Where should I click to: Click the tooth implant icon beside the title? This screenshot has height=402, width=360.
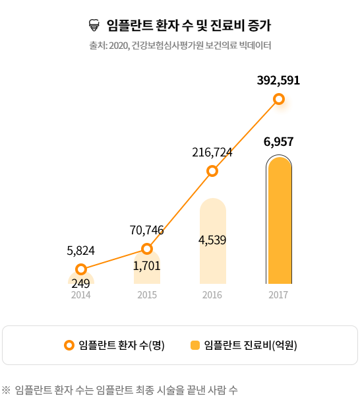pyautogui.click(x=94, y=26)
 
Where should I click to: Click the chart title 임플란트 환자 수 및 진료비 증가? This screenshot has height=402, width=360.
pyautogui.click(x=188, y=26)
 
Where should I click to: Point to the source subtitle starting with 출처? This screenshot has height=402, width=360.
pyautogui.click(x=180, y=46)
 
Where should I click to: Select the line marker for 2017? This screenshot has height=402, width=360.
pyautogui.click(x=279, y=99)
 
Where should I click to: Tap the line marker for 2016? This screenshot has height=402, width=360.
pyautogui.click(x=212, y=171)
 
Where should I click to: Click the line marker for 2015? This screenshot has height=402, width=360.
pyautogui.click(x=147, y=249)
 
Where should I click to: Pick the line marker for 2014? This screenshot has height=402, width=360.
pyautogui.click(x=81, y=269)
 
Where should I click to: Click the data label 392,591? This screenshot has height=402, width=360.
pyautogui.click(x=278, y=81)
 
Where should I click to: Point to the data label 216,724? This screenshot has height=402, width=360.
pyautogui.click(x=212, y=152)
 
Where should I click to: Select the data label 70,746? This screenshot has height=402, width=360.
pyautogui.click(x=147, y=230)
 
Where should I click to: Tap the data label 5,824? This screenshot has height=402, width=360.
pyautogui.click(x=81, y=250)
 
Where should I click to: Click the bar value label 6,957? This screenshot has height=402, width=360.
pyautogui.click(x=278, y=141)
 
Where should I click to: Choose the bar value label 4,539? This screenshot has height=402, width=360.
pyautogui.click(x=212, y=240)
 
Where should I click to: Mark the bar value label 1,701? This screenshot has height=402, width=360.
pyautogui.click(x=146, y=266)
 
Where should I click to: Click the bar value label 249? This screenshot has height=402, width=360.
pyautogui.click(x=80, y=284)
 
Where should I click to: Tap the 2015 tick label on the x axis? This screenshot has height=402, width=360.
pyautogui.click(x=147, y=295)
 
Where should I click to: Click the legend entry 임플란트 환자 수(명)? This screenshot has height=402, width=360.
pyautogui.click(x=115, y=345)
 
